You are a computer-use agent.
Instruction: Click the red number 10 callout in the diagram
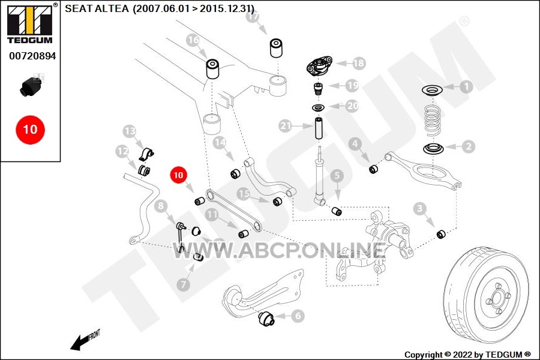(178, 175)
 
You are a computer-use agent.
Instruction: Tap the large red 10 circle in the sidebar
(31, 130)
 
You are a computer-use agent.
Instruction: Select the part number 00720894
(32, 56)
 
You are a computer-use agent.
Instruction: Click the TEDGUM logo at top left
(31, 23)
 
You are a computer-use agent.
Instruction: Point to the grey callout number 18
(358, 63)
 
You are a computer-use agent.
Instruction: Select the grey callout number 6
(298, 316)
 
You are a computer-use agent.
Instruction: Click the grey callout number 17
(253, 16)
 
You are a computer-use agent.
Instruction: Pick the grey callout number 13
(130, 131)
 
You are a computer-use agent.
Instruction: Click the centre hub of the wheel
(497, 297)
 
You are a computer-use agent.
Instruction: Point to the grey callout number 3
(419, 208)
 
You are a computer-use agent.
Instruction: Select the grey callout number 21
(286, 126)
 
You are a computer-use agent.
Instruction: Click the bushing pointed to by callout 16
(213, 69)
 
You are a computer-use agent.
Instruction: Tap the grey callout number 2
(469, 146)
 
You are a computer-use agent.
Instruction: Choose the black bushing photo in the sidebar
(31, 86)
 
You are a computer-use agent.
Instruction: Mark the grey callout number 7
(183, 284)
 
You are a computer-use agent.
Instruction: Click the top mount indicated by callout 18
(319, 66)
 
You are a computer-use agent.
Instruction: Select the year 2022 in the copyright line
(463, 355)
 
